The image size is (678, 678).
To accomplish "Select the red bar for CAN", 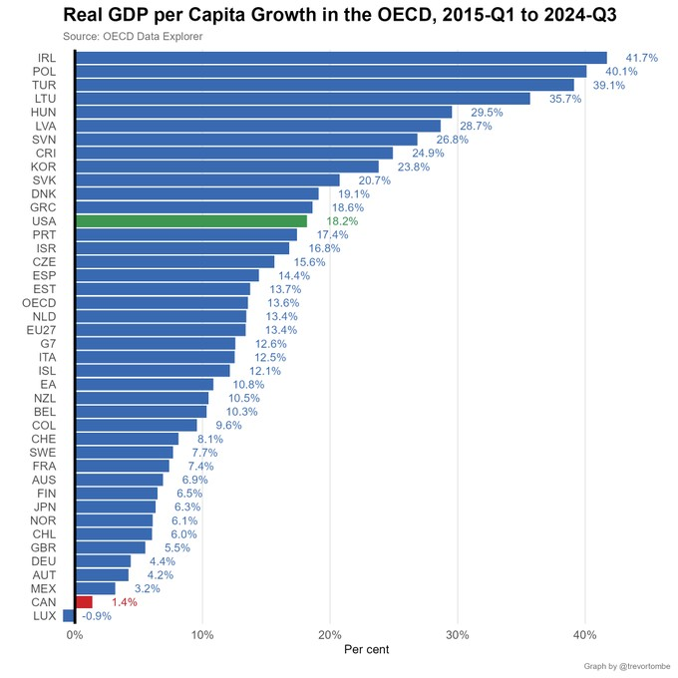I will click(x=84, y=602).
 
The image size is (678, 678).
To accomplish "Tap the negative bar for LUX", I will click(x=69, y=616).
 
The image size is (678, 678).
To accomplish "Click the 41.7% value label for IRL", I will click(x=641, y=58).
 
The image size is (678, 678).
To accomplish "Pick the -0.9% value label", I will click(x=96, y=616).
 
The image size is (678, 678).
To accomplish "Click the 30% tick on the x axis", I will click(x=458, y=635).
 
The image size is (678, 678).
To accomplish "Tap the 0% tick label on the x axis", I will click(x=75, y=635).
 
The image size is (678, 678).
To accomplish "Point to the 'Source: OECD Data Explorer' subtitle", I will click(x=133, y=37).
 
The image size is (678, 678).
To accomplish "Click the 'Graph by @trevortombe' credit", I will click(x=626, y=666).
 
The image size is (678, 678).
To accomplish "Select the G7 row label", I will click(x=48, y=343).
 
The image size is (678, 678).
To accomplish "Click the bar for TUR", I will click(x=325, y=85).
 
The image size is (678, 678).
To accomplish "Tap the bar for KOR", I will click(x=227, y=167).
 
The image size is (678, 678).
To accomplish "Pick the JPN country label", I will click(x=43, y=507).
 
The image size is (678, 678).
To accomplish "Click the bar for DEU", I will click(x=103, y=561).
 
